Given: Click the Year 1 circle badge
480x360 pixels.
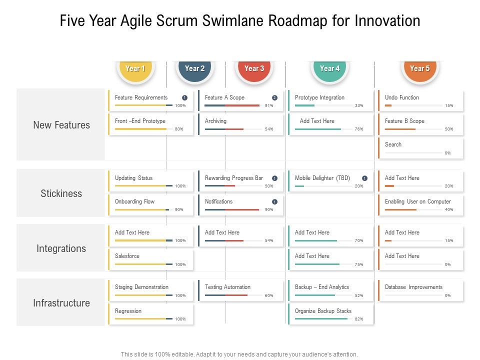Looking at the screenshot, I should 135,68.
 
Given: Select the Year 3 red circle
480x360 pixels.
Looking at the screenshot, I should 254,68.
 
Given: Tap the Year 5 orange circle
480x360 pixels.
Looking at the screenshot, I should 419,68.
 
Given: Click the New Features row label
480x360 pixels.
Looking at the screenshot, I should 61,125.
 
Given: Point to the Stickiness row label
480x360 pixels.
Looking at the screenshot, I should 61,193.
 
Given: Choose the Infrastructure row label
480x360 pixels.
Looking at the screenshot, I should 61,303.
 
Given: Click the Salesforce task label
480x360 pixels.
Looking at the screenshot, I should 127,256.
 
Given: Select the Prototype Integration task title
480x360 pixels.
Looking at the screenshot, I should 319,97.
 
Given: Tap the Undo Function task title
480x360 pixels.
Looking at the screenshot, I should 402,97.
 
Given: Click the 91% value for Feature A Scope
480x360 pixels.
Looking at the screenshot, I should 269,105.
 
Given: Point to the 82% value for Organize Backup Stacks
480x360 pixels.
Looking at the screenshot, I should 359,319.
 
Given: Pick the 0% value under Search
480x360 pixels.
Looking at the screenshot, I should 447,153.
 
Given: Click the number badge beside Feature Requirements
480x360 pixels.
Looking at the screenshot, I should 184,98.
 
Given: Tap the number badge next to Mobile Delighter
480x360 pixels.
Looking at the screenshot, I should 364,178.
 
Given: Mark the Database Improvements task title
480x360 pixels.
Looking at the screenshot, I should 413,287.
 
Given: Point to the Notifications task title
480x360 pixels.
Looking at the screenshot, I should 218,201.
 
